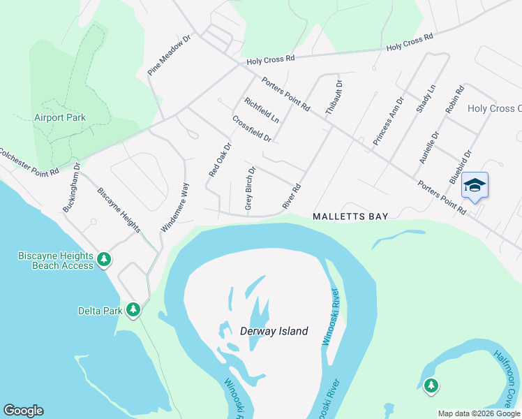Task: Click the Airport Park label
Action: [60, 117]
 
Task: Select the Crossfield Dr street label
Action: [251, 129]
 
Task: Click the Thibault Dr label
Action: [335, 96]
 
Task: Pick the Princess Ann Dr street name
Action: [388, 121]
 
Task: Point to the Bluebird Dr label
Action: [461, 167]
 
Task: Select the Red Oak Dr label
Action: [219, 159]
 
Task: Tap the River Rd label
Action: [292, 195]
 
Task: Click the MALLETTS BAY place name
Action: [350, 217]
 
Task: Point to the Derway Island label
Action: [274, 331]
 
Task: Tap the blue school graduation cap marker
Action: [475, 186]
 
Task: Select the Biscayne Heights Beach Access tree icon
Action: [104, 260]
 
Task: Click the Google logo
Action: [23, 411]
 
